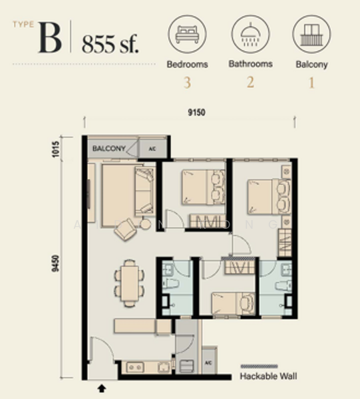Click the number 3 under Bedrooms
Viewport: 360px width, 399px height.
(x=187, y=84)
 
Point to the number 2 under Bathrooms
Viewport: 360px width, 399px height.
(x=250, y=84)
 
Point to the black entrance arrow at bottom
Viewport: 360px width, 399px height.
(x=102, y=386)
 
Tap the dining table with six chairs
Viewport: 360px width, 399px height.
(x=128, y=283)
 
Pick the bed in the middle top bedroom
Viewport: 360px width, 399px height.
(x=202, y=186)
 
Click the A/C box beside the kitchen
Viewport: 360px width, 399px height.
(x=208, y=363)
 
